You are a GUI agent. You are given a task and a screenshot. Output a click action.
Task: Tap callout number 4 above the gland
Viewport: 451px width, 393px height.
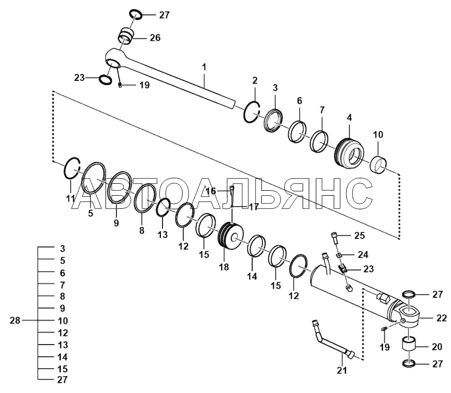(x=349, y=117)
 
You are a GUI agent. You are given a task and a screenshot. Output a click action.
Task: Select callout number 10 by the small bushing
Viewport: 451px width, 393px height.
(x=378, y=134)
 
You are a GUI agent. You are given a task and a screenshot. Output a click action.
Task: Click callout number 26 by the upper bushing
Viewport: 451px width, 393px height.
(x=155, y=38)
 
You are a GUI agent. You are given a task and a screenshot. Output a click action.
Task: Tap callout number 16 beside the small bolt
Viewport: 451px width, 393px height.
(x=212, y=191)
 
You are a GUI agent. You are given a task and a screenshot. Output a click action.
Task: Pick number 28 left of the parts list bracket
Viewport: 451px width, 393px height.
(x=15, y=320)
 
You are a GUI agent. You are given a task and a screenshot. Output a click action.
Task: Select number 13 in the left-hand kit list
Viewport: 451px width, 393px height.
(x=62, y=345)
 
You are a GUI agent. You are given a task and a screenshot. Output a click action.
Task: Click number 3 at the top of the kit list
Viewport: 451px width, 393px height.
(x=62, y=248)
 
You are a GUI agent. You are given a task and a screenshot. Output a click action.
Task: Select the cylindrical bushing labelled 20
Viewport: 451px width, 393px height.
(x=412, y=346)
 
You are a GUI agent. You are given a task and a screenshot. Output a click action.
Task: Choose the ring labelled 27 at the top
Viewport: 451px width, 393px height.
(x=136, y=15)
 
